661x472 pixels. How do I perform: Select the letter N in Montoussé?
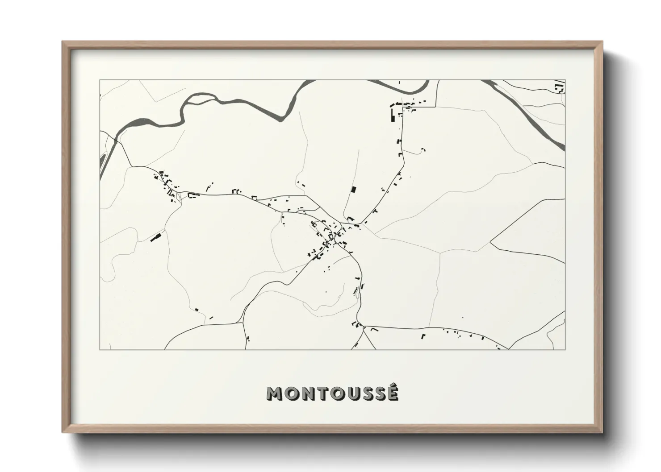[305, 393]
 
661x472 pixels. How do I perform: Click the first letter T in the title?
[319, 393]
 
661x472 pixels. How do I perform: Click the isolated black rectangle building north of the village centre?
[354, 190]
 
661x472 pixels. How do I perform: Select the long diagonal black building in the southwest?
[156, 237]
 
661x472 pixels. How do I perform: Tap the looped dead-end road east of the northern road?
[420, 152]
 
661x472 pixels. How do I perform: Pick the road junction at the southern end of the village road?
[360, 325]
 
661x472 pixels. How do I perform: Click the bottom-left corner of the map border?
[100, 349]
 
